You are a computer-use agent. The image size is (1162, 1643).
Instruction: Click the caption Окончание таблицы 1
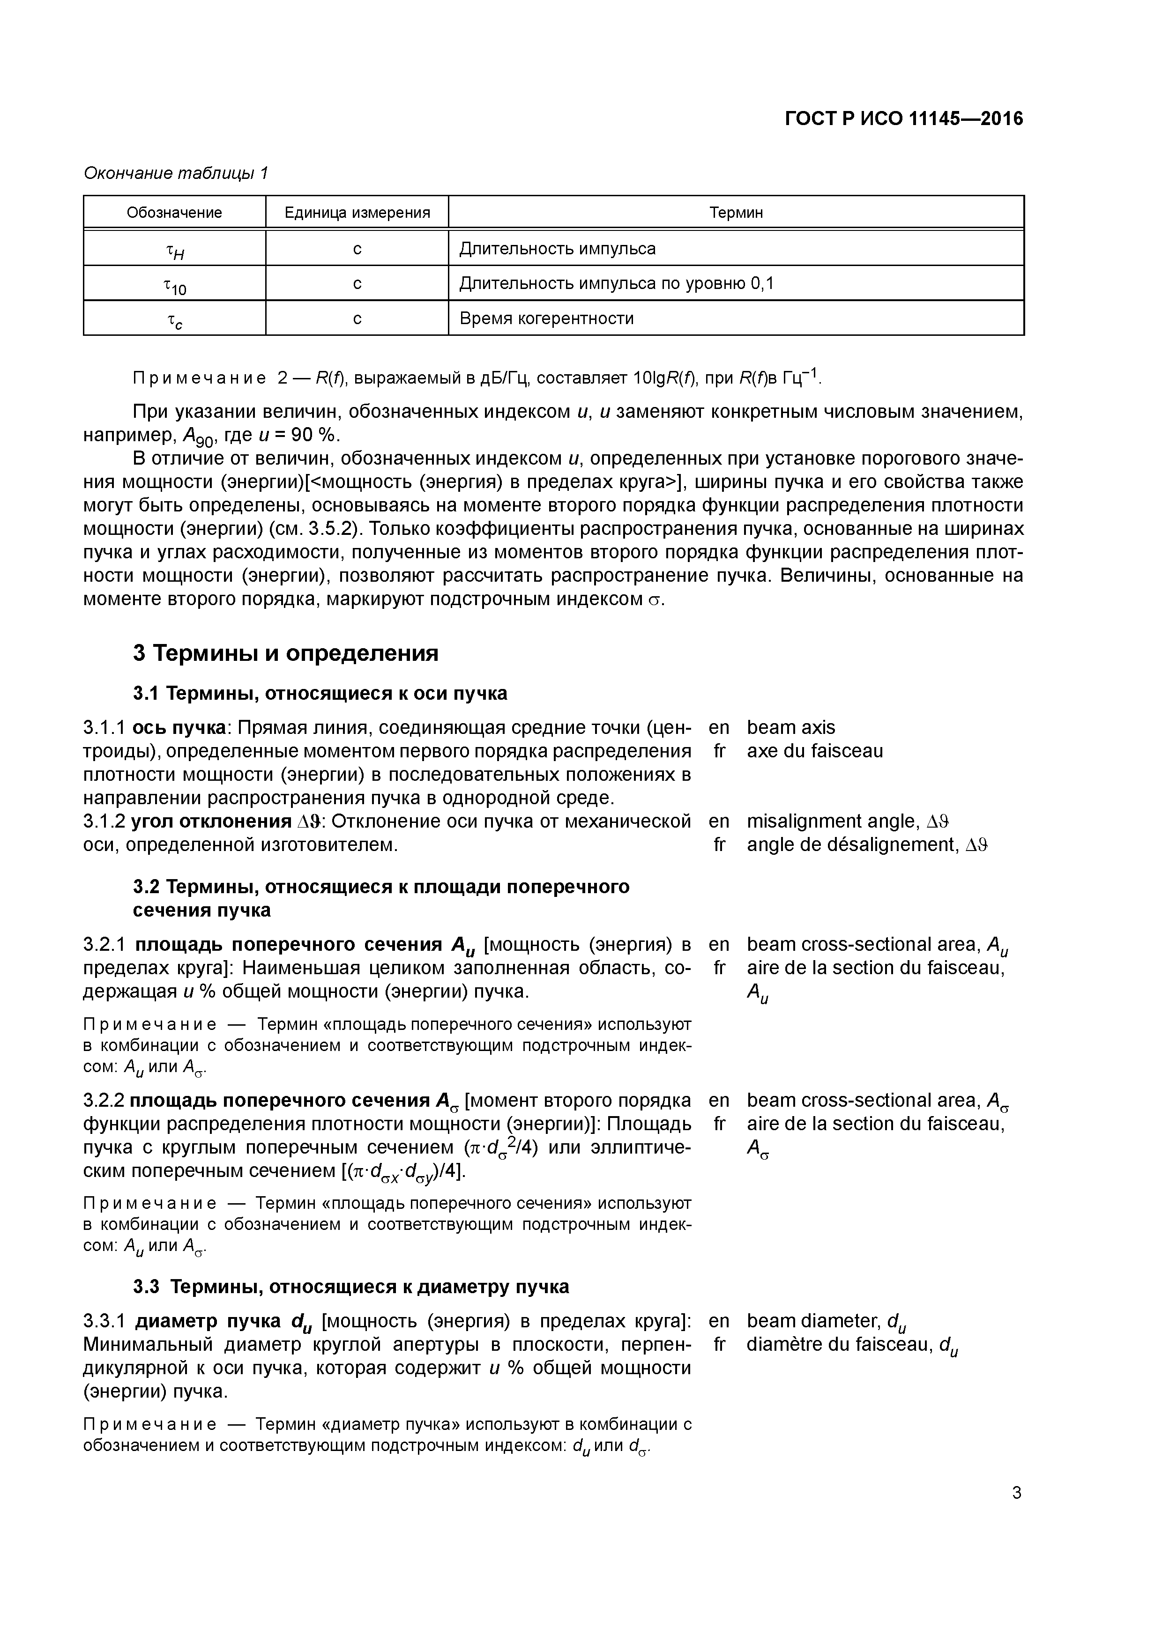(175, 173)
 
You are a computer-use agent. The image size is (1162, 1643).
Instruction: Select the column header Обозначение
(174, 213)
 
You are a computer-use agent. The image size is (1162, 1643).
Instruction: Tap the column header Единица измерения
(357, 213)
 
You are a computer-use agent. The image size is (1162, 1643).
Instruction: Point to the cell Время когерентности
(546, 318)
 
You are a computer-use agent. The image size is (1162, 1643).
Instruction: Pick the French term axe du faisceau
(815, 751)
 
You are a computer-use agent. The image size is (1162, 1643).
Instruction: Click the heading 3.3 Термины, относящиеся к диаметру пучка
(351, 1287)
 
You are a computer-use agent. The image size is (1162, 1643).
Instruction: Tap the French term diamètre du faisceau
(840, 1345)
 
